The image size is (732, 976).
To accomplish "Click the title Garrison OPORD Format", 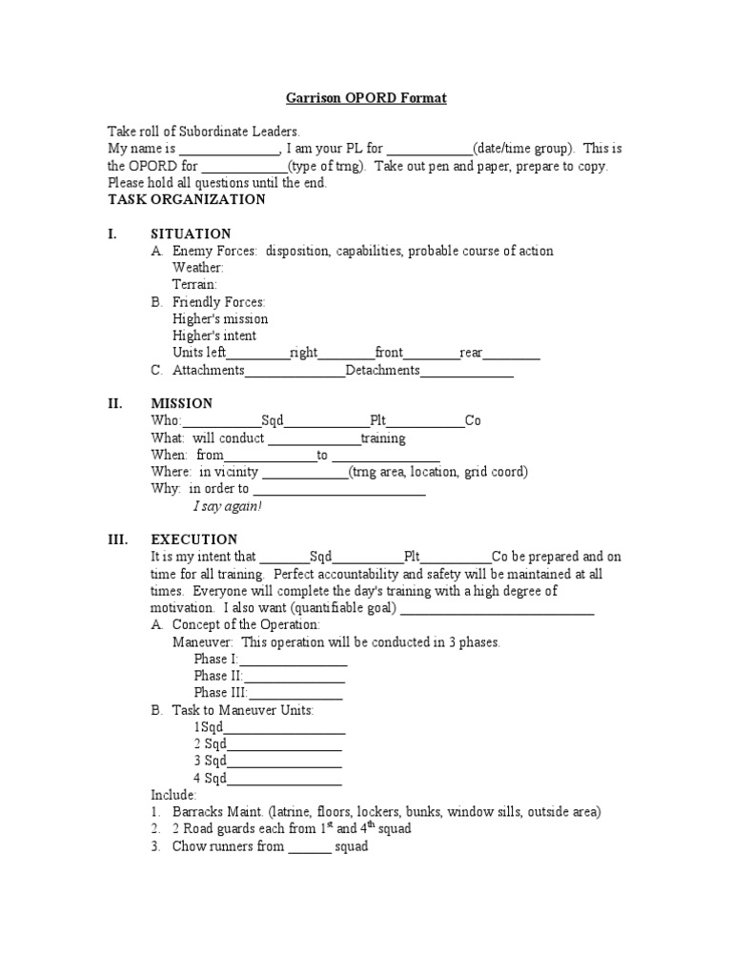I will pyautogui.click(x=367, y=98).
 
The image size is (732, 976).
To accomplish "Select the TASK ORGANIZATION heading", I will pyautogui.click(x=187, y=200).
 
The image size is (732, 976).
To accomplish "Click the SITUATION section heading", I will pyautogui.click(x=191, y=234).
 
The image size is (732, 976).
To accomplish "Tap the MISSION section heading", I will pyautogui.click(x=182, y=403).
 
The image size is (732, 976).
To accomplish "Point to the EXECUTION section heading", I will pyautogui.click(x=194, y=539).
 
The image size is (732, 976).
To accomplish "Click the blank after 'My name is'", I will pyautogui.click(x=229, y=151).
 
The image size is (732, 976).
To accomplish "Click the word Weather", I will pyautogui.click(x=198, y=268).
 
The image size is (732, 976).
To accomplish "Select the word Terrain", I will pyautogui.click(x=194, y=284).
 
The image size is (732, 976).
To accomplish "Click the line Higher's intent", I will pyautogui.click(x=214, y=335).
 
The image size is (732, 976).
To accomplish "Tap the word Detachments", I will pyautogui.click(x=382, y=370).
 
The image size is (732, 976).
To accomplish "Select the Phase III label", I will pyautogui.click(x=220, y=693).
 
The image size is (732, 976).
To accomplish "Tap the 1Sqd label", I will pyautogui.click(x=208, y=727).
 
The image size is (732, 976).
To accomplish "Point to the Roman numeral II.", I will pyautogui.click(x=115, y=403).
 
